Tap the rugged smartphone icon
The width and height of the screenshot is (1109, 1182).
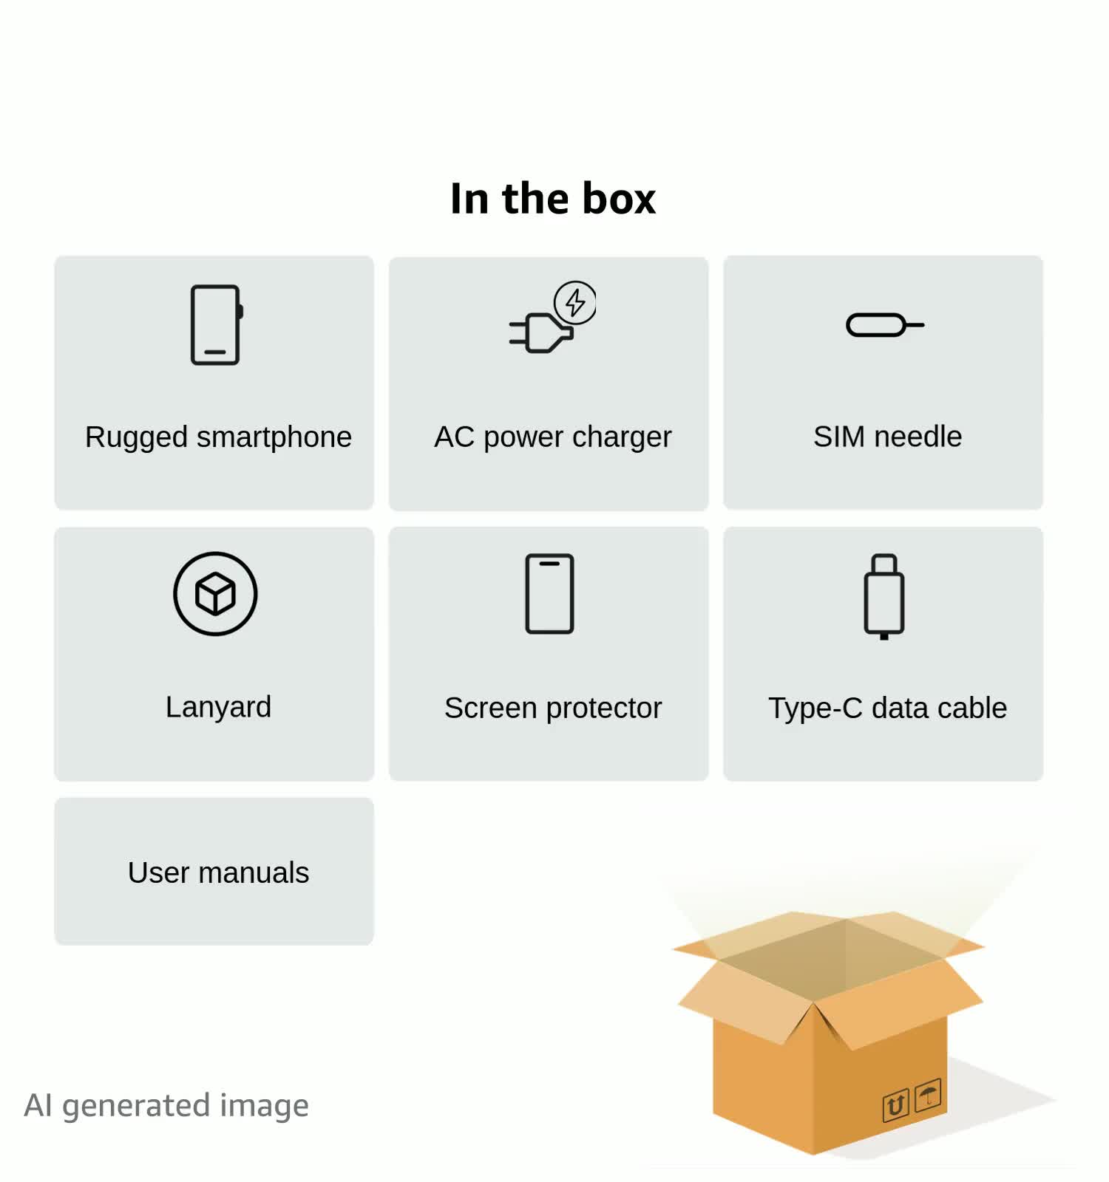(216, 324)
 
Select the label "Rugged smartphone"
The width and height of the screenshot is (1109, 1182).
(218, 437)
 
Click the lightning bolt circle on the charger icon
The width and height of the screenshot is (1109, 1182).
(575, 302)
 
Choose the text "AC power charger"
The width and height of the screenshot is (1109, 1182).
(552, 437)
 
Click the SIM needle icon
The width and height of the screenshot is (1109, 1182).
(884, 324)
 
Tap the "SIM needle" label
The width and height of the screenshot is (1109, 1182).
(887, 437)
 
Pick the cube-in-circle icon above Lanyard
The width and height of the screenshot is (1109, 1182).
(215, 593)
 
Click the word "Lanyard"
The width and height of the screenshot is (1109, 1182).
(218, 707)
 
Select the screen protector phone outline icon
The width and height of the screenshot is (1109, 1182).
(549, 593)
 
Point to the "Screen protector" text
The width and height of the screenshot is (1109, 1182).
(552, 708)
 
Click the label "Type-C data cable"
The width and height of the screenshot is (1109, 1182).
(887, 708)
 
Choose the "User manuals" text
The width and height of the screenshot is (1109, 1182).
(218, 872)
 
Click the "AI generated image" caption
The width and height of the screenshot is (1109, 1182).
(166, 1105)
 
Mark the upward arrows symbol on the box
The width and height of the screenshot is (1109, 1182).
(895, 1105)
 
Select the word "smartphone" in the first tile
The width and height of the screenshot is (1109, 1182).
(274, 437)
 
